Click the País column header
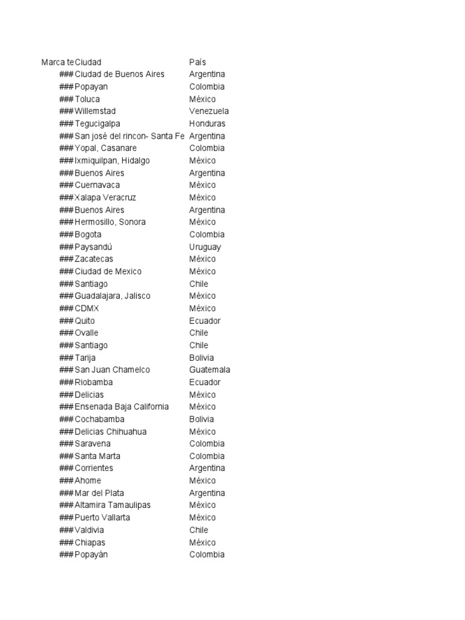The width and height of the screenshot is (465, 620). click(197, 62)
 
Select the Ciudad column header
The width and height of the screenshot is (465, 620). click(88, 62)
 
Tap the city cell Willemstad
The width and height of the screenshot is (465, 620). click(95, 111)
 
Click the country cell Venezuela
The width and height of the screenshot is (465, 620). click(209, 111)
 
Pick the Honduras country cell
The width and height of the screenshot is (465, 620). click(207, 124)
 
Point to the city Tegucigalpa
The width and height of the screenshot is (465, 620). click(97, 124)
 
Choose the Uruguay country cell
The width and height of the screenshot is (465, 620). click(205, 247)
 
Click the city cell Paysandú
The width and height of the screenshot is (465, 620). click(94, 247)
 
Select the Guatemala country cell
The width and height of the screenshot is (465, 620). click(209, 370)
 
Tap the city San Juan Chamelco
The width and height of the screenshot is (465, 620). click(113, 370)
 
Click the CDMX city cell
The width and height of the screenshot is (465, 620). click(87, 308)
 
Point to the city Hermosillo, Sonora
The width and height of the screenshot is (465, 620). click(110, 222)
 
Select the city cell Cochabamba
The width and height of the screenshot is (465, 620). click(99, 419)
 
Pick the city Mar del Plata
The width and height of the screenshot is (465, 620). click(99, 493)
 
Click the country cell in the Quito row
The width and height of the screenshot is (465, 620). click(205, 321)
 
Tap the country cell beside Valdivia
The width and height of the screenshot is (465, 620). click(199, 530)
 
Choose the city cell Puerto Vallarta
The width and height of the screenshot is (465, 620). click(102, 518)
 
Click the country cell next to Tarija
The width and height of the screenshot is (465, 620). click(202, 358)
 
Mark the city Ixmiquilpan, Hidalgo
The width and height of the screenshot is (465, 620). click(113, 160)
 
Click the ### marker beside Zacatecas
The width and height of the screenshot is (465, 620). click(66, 259)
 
